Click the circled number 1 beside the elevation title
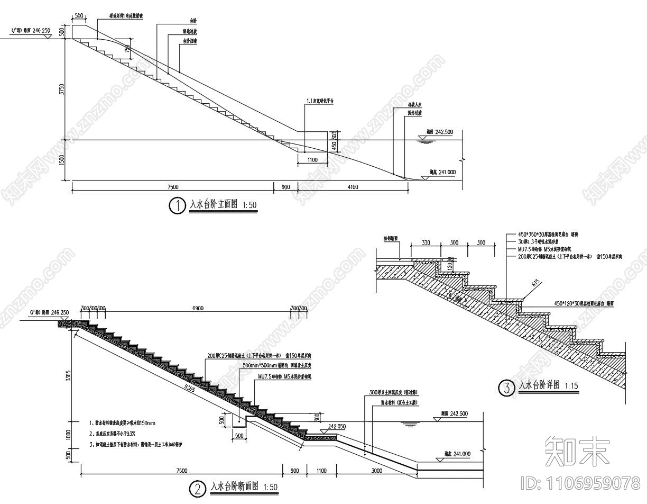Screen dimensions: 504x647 coord(177,205)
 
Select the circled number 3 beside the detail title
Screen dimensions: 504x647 coord(506,389)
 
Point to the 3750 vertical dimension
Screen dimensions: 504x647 coord(62,89)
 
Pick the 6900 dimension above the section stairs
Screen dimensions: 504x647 coord(197,308)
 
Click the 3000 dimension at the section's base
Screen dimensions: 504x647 coord(377,470)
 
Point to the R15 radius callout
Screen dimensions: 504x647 coord(536,284)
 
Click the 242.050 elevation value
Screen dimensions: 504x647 coord(337,426)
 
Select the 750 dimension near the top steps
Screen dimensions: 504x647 coord(127,49)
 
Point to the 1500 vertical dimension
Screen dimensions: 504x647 coord(62,160)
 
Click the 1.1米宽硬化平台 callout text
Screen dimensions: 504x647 coord(320,100)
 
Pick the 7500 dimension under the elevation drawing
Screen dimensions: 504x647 coord(172,186)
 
